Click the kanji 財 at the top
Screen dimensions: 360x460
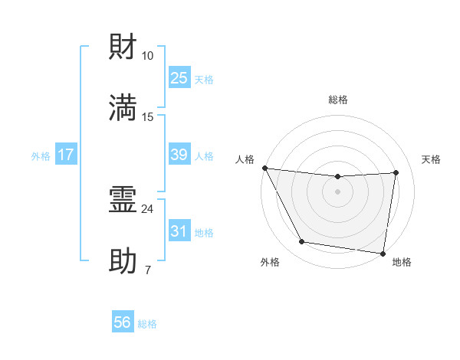[123, 47]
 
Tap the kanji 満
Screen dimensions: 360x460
[123, 108]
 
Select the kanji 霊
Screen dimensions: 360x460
[123, 201]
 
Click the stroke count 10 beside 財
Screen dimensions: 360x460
[148, 56]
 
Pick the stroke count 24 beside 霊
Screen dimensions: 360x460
[148, 208]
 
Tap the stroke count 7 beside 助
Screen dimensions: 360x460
[148, 270]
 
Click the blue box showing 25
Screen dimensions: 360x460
[179, 78]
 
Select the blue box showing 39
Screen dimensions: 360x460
[179, 155]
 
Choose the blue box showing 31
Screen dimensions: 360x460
[179, 231]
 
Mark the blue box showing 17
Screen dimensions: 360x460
[66, 155]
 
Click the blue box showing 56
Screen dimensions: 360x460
[123, 323]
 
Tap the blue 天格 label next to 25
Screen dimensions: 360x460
[204, 80]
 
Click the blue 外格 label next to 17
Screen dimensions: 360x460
[41, 156]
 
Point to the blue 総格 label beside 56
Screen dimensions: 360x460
[147, 325]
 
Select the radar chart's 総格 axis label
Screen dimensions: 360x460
[338, 100]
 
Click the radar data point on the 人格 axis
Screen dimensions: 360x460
[264, 168]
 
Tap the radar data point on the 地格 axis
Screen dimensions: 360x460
[383, 253]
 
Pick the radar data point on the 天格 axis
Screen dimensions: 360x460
[396, 172]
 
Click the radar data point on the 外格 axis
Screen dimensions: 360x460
[301, 242]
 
